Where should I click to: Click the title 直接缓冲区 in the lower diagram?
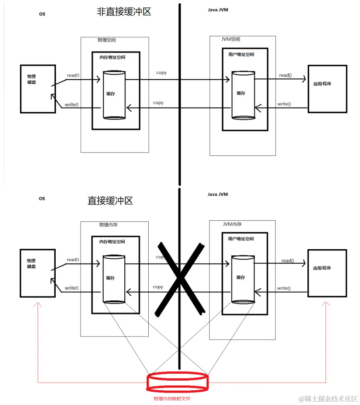point(110,200)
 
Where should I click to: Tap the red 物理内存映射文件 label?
point(172,399)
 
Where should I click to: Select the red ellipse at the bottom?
point(177,383)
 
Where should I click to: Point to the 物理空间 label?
point(107,40)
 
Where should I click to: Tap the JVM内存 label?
point(232,224)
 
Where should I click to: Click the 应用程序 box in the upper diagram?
point(327,89)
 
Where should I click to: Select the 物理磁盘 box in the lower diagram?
point(38,273)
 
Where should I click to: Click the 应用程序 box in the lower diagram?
point(327,273)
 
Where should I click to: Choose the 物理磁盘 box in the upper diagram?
point(38,89)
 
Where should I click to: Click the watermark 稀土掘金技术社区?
point(328,399)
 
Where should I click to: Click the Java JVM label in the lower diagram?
point(218,194)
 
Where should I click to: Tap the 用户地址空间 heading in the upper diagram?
point(241,54)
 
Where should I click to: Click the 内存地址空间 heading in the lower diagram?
point(112,241)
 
